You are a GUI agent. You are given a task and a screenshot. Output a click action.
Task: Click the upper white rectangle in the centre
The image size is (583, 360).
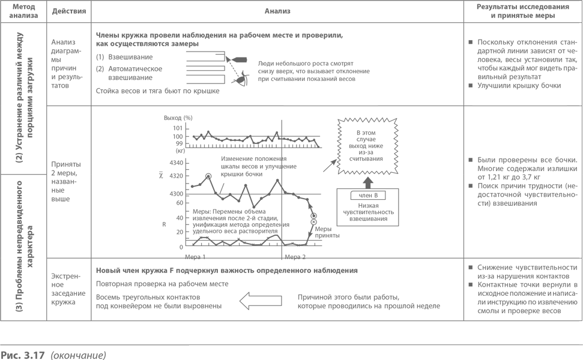330,93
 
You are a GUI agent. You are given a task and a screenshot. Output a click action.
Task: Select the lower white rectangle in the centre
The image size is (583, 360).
330,284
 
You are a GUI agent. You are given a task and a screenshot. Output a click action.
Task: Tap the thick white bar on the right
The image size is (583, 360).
519,97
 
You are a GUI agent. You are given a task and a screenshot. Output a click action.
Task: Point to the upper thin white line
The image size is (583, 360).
519,181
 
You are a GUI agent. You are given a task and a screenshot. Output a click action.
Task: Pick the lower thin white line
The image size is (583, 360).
519,273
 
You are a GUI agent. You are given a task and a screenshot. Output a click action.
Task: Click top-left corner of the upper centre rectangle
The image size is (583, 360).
284,82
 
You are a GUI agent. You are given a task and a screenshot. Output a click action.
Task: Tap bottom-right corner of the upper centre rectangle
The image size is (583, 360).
377,104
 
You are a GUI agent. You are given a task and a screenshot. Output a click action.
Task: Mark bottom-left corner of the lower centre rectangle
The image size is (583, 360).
284,293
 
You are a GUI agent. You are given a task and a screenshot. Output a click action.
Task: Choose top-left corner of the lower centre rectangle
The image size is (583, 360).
284,275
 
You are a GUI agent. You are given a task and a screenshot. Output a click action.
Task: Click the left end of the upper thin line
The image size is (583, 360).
473,181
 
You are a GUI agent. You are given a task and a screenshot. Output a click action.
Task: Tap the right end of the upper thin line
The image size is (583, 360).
566,181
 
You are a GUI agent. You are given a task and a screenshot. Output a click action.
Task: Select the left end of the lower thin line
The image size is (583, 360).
473,273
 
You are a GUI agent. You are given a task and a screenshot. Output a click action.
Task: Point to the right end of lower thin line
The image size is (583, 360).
566,273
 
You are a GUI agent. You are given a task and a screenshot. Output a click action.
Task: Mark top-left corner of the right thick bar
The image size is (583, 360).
473,91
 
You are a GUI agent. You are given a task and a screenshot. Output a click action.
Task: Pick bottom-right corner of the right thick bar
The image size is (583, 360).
566,104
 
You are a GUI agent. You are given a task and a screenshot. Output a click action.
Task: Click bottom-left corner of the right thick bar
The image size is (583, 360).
473,104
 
